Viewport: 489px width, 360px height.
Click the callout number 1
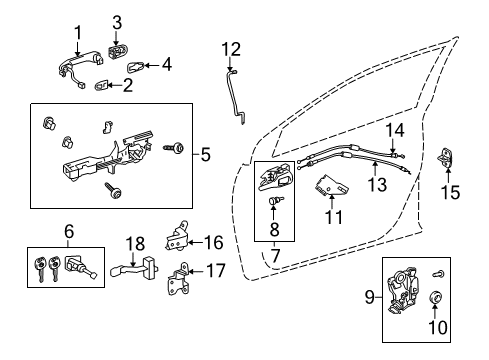click(76, 32)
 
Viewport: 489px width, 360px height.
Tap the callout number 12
click(231, 48)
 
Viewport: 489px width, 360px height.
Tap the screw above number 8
click(273, 202)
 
